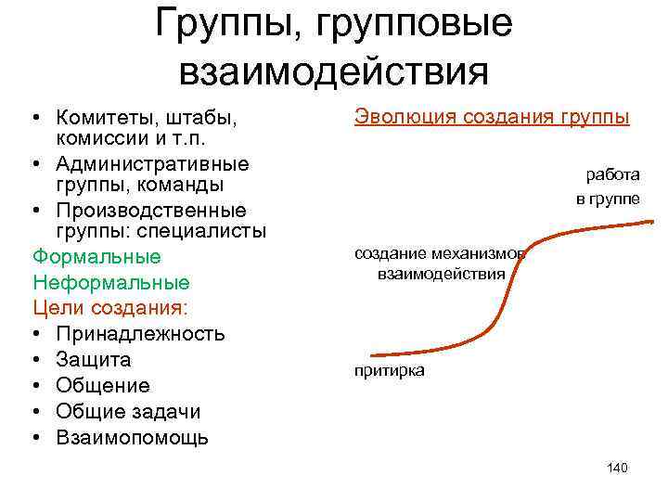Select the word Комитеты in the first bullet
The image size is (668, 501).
point(112,119)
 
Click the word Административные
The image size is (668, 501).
point(152,164)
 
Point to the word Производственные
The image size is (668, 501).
point(150,210)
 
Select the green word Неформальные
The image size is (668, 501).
point(110,282)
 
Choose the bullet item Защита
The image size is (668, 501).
point(93,359)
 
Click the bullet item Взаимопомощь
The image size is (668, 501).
point(132,437)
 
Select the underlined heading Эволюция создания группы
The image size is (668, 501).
point(492,118)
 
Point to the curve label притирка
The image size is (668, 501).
point(390,370)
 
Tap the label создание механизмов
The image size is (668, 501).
point(439,254)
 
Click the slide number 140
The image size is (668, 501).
point(617,468)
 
